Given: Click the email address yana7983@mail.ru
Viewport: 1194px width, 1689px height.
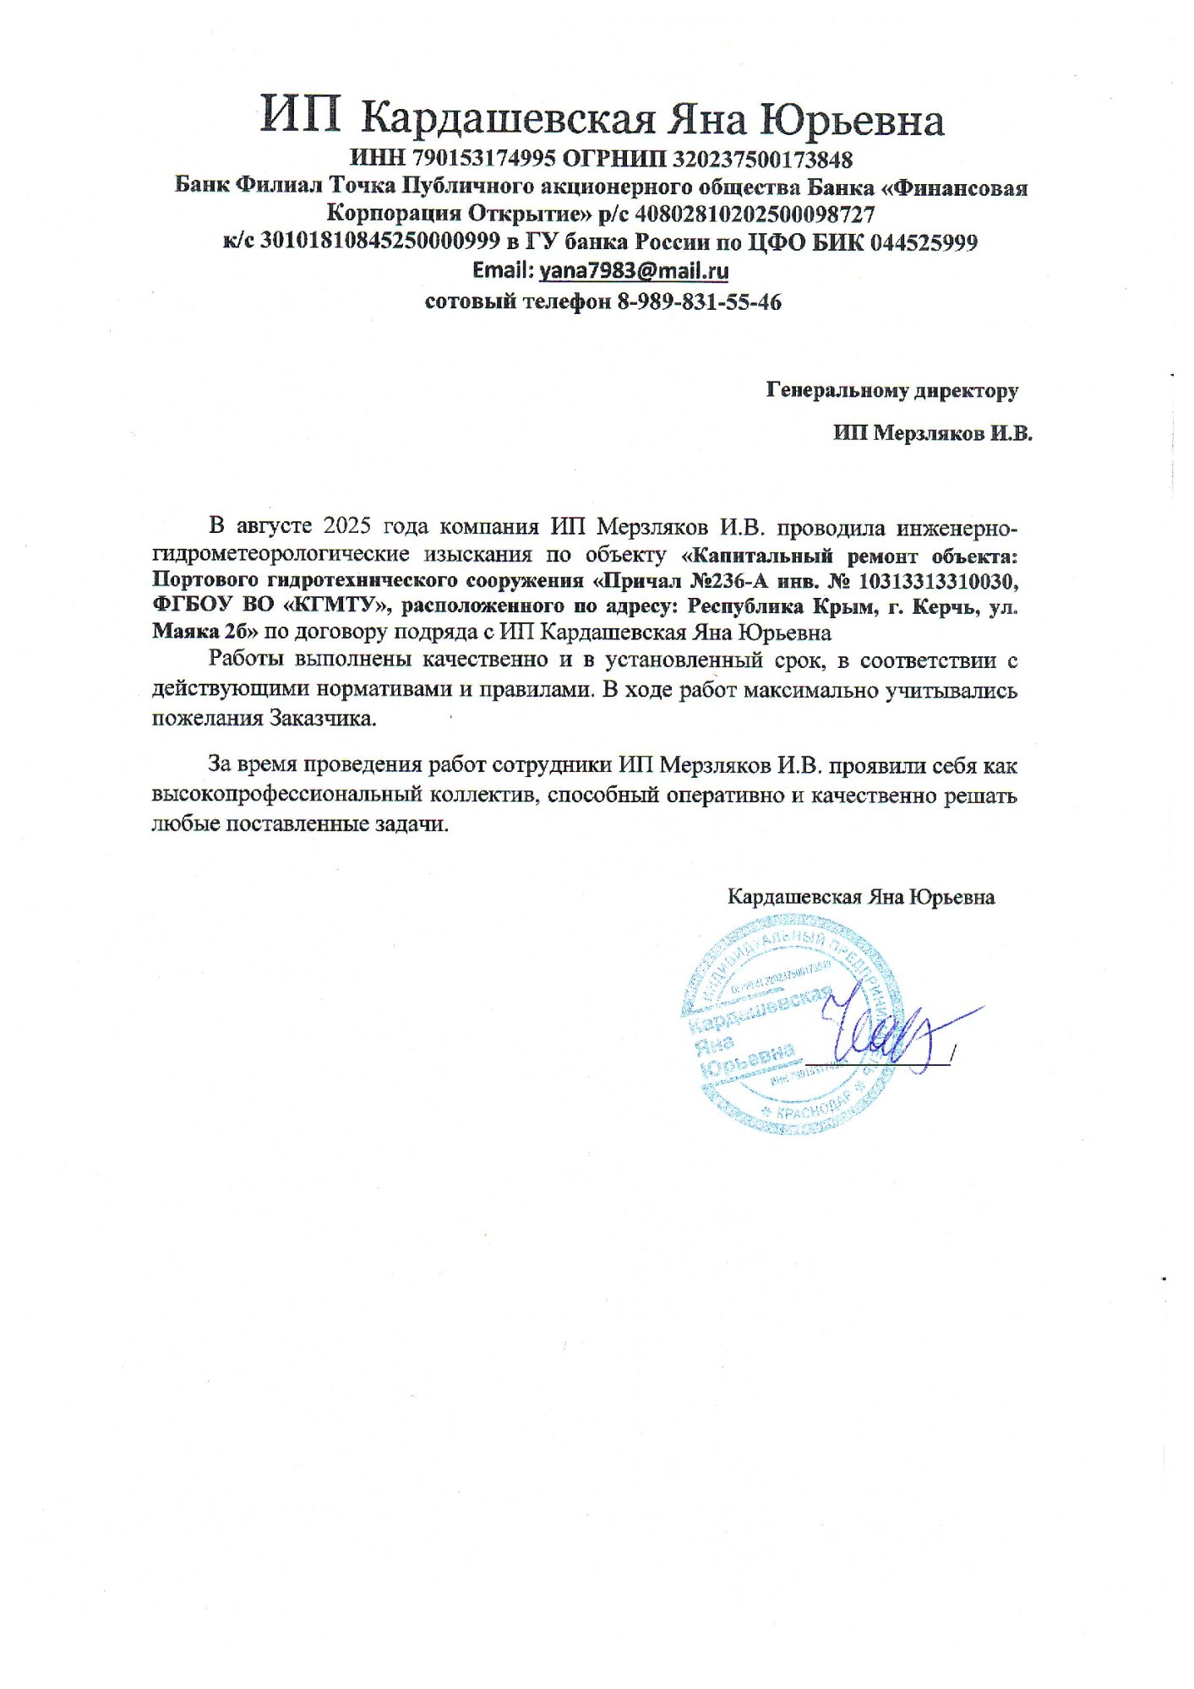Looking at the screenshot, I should pyautogui.click(x=634, y=271).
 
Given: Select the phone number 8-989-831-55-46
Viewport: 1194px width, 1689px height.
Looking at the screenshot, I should pyautogui.click(x=700, y=301).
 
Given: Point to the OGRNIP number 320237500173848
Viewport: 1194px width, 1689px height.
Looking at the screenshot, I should pyautogui.click(x=763, y=159).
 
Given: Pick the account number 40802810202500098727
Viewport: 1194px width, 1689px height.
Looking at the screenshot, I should pyautogui.click(x=755, y=215).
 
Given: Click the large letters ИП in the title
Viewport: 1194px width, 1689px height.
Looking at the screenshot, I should pyautogui.click(x=300, y=117).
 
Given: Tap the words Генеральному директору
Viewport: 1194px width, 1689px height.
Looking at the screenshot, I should pyautogui.click(x=891, y=390).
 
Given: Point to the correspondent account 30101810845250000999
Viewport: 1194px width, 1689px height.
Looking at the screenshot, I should pyautogui.click(x=380, y=243).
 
